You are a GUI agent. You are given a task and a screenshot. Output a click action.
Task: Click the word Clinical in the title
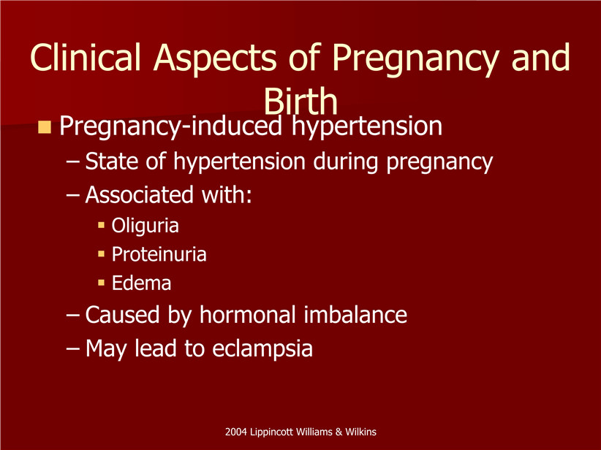[x=85, y=57]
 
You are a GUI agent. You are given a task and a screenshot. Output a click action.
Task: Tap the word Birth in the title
[x=300, y=101]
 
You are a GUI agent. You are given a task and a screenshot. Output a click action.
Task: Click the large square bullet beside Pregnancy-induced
[x=45, y=127]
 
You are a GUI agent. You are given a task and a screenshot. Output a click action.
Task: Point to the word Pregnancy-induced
[x=170, y=126]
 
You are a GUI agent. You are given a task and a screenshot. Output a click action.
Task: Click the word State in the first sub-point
[x=112, y=161]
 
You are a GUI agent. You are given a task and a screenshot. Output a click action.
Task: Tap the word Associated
[x=139, y=194]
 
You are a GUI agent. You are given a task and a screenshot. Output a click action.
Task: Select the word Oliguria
[x=145, y=226]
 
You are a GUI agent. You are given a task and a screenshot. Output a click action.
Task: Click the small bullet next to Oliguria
[x=101, y=225]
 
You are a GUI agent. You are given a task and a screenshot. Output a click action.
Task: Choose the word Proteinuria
[x=159, y=254]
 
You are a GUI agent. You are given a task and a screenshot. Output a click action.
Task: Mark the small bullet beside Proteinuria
[x=101, y=253]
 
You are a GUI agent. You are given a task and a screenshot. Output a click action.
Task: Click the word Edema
[x=141, y=283]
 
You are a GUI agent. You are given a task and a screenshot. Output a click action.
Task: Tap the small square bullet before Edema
[x=101, y=283]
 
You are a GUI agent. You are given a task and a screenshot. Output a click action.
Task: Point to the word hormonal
[x=248, y=314]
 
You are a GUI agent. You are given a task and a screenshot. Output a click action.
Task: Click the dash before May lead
[x=72, y=349]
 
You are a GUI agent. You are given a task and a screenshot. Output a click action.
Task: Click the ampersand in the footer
[x=339, y=432]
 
